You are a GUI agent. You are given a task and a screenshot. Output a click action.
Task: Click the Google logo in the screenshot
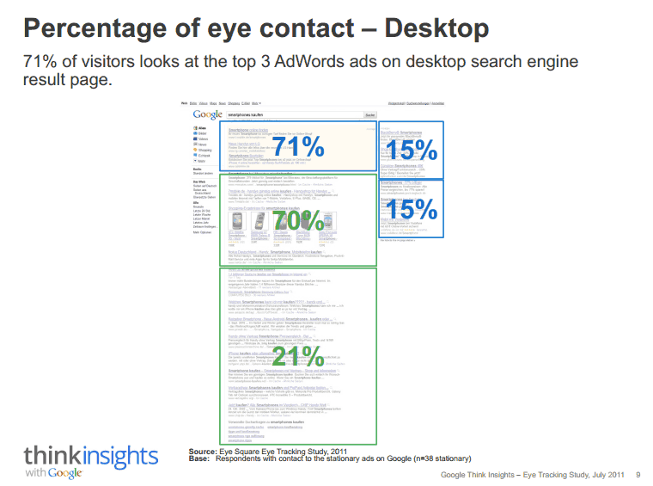[208, 114]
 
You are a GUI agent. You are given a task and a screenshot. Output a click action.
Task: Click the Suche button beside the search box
[370, 114]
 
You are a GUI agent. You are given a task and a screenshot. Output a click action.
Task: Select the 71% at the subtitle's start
[40, 63]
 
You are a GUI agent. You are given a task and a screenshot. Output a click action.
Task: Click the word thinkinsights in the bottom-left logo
[90, 456]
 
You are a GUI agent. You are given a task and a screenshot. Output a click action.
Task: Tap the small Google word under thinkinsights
[65, 473]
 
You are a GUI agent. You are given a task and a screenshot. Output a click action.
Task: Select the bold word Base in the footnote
[199, 458]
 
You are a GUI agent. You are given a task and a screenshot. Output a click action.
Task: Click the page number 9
[638, 474]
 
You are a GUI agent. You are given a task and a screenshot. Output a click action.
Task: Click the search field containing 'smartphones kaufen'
[292, 114]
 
